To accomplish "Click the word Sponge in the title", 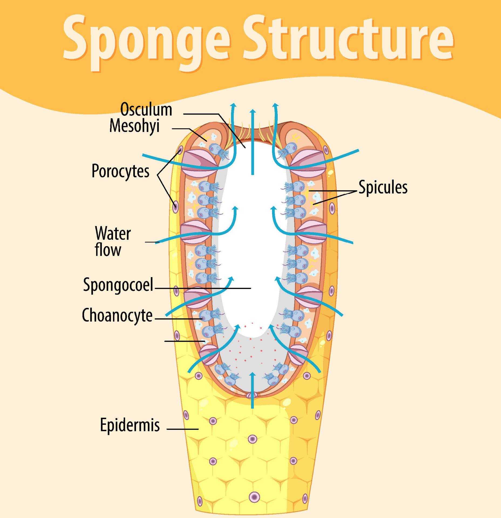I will coord(146,40).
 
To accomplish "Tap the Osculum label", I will coord(146,110).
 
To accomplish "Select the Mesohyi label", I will coord(134,126).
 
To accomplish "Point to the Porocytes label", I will coord(120,171).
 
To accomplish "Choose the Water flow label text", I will coord(113,241).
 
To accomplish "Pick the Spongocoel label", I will coord(118,285).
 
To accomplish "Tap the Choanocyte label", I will coord(117,315).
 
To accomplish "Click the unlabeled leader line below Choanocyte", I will coord(185,341).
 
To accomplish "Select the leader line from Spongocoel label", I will coord(202,288).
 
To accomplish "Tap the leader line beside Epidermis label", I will coord(182,429).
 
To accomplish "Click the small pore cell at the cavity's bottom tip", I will coord(252,395).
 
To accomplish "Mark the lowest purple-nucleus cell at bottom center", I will coord(254,497).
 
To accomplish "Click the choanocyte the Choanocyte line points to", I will coord(206,315).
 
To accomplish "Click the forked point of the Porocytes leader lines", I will coord(158,175).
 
